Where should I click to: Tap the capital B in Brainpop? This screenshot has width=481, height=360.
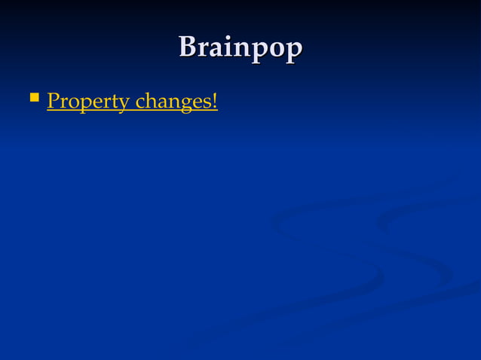(188, 47)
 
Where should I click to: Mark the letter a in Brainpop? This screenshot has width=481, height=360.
(214, 49)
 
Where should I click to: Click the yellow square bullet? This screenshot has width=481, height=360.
(33, 97)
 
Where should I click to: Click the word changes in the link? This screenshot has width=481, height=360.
(173, 102)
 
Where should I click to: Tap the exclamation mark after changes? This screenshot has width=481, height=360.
(215, 100)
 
